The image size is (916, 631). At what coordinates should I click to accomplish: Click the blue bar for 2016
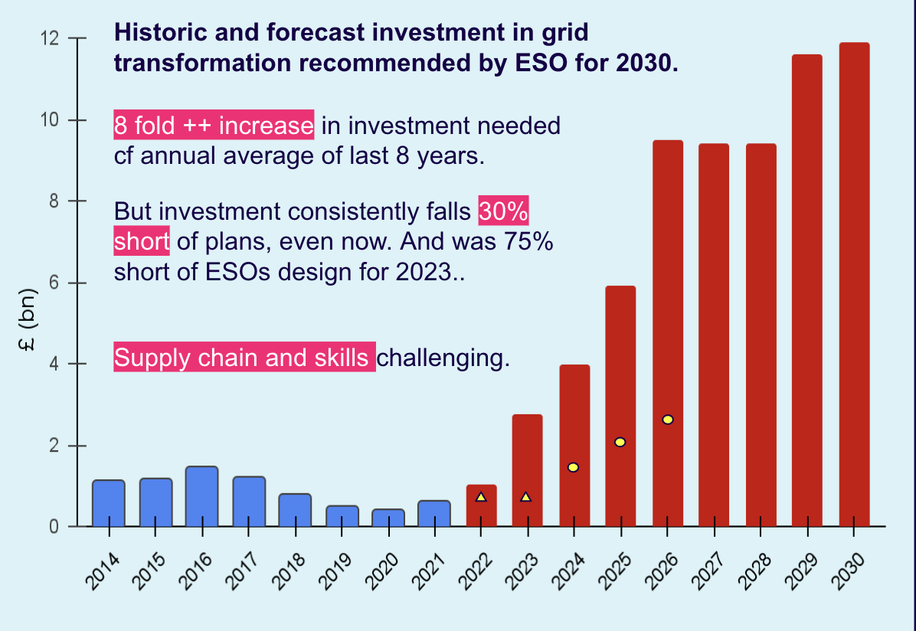[x=201, y=496]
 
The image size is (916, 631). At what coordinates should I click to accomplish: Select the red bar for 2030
[x=854, y=284]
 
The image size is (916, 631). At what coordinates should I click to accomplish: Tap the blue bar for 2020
[x=388, y=518]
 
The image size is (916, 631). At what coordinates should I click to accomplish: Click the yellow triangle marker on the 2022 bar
[x=481, y=497]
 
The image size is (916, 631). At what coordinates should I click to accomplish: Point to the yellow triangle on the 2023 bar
[x=526, y=497]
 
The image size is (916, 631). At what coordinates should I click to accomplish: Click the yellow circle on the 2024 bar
[x=573, y=467]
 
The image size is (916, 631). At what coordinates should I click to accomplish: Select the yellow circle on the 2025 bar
[x=620, y=442]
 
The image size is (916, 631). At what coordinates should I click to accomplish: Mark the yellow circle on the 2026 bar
[x=668, y=420]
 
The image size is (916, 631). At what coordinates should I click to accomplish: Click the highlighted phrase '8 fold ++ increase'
[x=214, y=125]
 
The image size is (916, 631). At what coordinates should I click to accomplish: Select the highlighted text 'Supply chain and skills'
[x=244, y=358]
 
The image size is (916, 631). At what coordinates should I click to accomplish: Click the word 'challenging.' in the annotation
[x=443, y=358]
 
